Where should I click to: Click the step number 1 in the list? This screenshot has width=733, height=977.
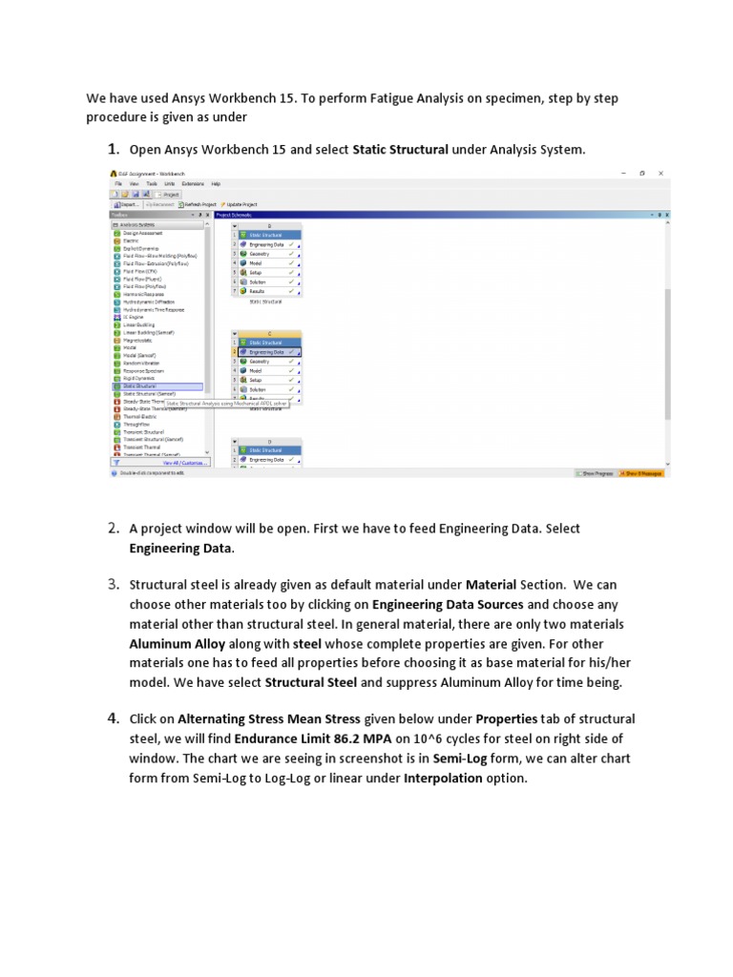(x=113, y=148)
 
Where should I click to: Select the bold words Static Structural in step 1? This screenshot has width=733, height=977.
(x=400, y=150)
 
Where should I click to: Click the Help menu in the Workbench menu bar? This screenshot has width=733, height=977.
(x=216, y=183)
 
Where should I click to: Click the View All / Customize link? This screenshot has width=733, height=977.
(x=184, y=463)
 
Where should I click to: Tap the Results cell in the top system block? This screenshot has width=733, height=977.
(x=258, y=291)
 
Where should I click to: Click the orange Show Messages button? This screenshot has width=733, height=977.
(x=643, y=472)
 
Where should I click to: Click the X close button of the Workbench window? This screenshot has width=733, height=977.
(x=661, y=173)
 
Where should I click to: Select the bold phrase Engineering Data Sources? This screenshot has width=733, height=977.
(x=447, y=605)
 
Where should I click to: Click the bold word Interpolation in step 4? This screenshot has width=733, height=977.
(x=438, y=779)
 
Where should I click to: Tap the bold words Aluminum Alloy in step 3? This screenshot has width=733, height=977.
(x=178, y=644)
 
